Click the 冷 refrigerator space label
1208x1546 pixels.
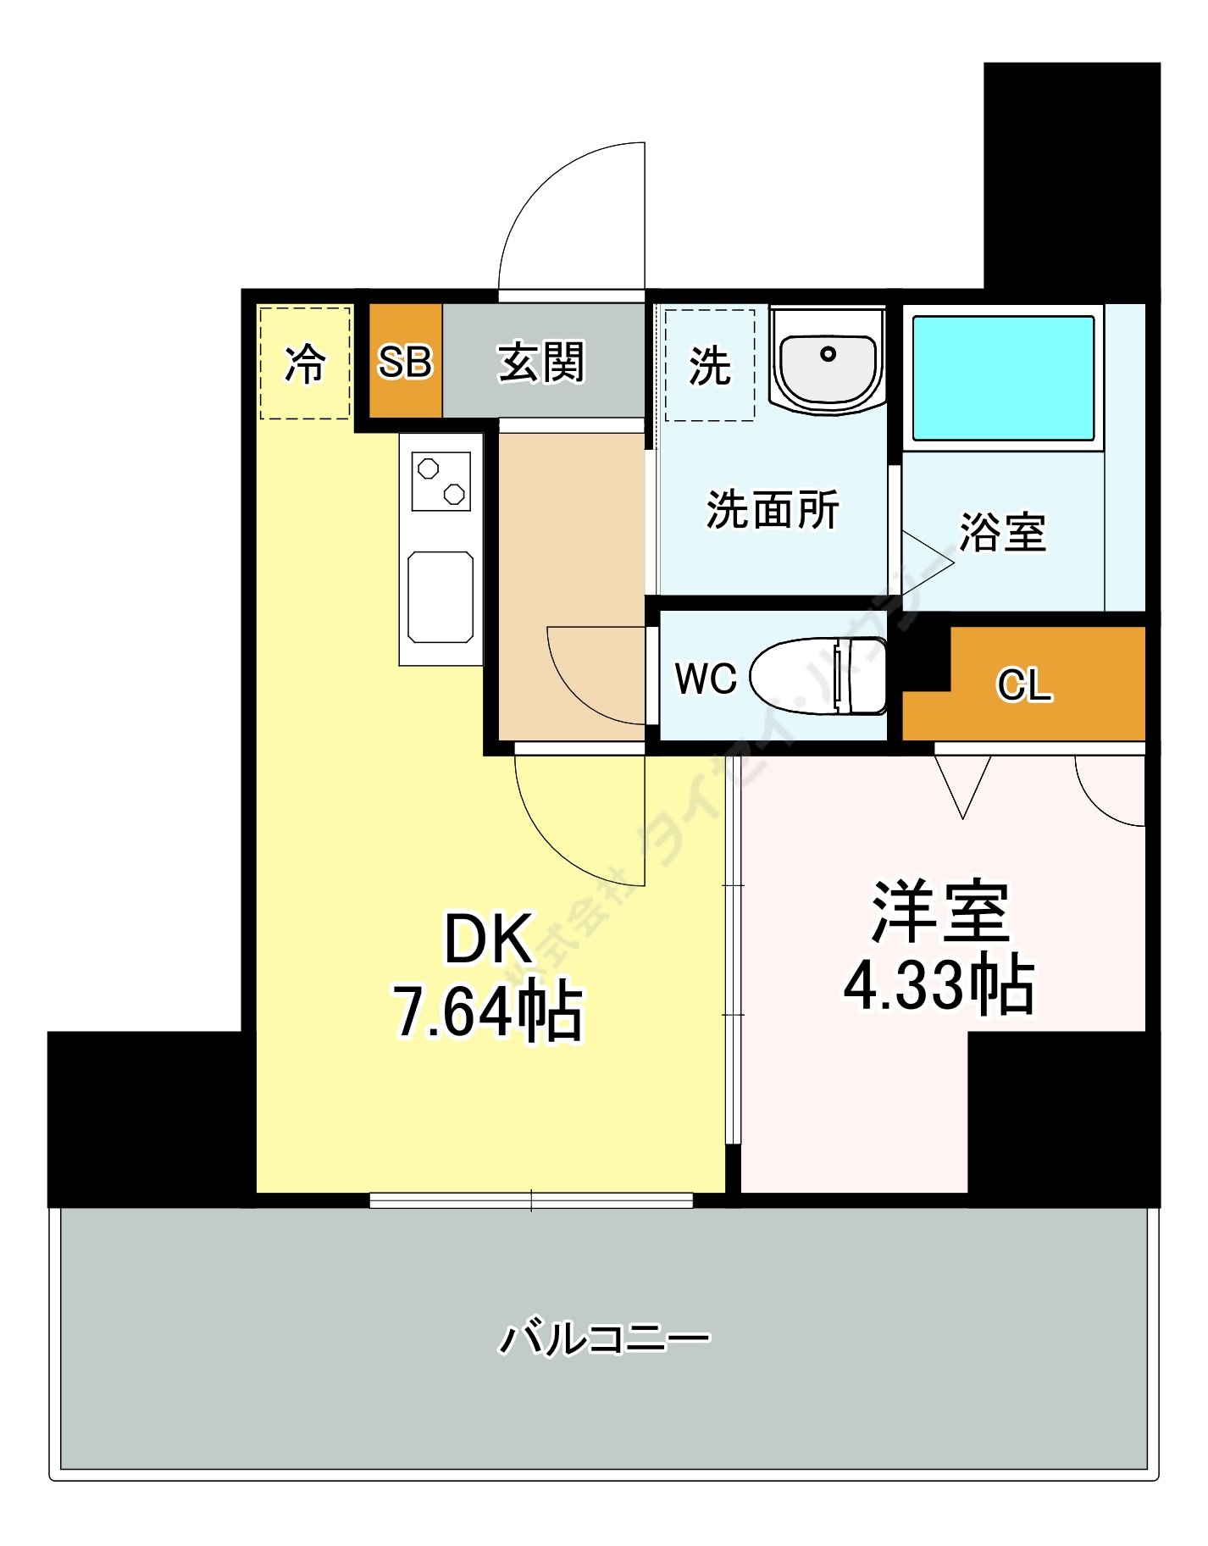(x=304, y=363)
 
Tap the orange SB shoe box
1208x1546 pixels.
(x=405, y=362)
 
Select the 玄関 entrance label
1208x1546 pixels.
(x=541, y=362)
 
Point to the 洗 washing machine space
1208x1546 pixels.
(x=710, y=366)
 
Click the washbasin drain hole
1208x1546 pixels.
(x=828, y=353)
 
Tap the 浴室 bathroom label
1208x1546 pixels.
(x=1003, y=532)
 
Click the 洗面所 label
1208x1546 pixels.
(x=773, y=510)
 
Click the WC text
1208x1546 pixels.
(x=706, y=679)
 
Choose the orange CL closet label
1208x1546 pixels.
(x=1024, y=684)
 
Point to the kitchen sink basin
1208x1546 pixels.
(x=441, y=597)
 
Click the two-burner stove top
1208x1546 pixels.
(x=441, y=481)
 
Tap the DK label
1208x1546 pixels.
(x=489, y=939)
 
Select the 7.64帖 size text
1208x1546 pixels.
(x=489, y=1011)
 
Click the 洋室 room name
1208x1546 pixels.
(x=940, y=912)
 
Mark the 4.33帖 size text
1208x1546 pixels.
(x=939, y=984)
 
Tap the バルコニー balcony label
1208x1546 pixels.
(x=604, y=1338)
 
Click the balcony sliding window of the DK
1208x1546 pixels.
(x=531, y=1200)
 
